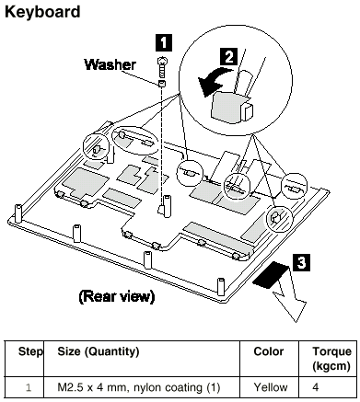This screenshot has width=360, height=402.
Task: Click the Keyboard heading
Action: pyautogui.click(x=42, y=12)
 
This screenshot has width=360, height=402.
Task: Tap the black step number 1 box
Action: pyautogui.click(x=164, y=42)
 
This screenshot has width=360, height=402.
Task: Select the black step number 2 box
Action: pyautogui.click(x=229, y=57)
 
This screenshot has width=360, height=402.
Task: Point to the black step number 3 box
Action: pyautogui.click(x=302, y=262)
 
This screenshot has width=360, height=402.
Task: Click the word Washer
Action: pyautogui.click(x=110, y=64)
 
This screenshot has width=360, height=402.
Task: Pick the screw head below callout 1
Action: pyautogui.click(x=162, y=62)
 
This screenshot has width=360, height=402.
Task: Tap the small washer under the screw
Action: pyautogui.click(x=162, y=83)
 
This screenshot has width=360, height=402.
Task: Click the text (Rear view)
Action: pyautogui.click(x=117, y=296)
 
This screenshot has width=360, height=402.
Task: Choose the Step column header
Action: pyautogui.click(x=30, y=351)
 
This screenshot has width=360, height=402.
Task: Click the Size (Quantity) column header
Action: pyautogui.click(x=99, y=352)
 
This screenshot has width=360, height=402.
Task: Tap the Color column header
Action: pyautogui.click(x=269, y=351)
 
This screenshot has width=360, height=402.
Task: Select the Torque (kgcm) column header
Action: pyautogui.click(x=331, y=359)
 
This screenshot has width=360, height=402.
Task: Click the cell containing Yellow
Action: pyautogui.click(x=271, y=387)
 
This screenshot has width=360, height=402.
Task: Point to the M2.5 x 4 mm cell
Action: pyautogui.click(x=139, y=388)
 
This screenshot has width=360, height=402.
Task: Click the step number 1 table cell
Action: pyautogui.click(x=29, y=388)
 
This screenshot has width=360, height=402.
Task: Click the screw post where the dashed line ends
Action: pyautogui.click(x=167, y=206)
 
